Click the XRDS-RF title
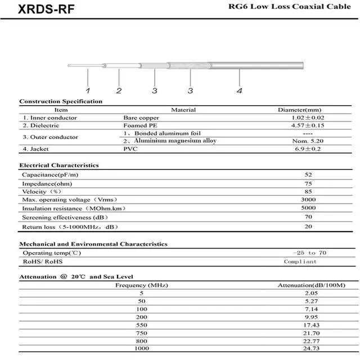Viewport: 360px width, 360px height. click(38, 10)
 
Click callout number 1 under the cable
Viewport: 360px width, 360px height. click(88, 90)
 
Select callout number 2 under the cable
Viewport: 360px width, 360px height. click(119, 91)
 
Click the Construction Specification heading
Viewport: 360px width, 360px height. click(61, 101)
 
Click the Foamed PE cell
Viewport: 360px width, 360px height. click(136, 125)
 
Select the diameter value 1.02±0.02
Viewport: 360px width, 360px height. click(308, 118)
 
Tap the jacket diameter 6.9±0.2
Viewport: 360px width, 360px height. click(308, 148)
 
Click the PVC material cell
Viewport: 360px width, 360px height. click(129, 148)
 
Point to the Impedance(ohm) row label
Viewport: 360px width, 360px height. click(47, 183)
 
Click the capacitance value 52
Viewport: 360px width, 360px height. click(308, 175)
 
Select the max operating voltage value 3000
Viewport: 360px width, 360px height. click(308, 200)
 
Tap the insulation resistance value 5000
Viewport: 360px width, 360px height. click(308, 208)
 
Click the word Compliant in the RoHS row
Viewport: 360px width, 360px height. click(300, 262)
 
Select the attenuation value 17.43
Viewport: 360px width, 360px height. click(310, 325)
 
